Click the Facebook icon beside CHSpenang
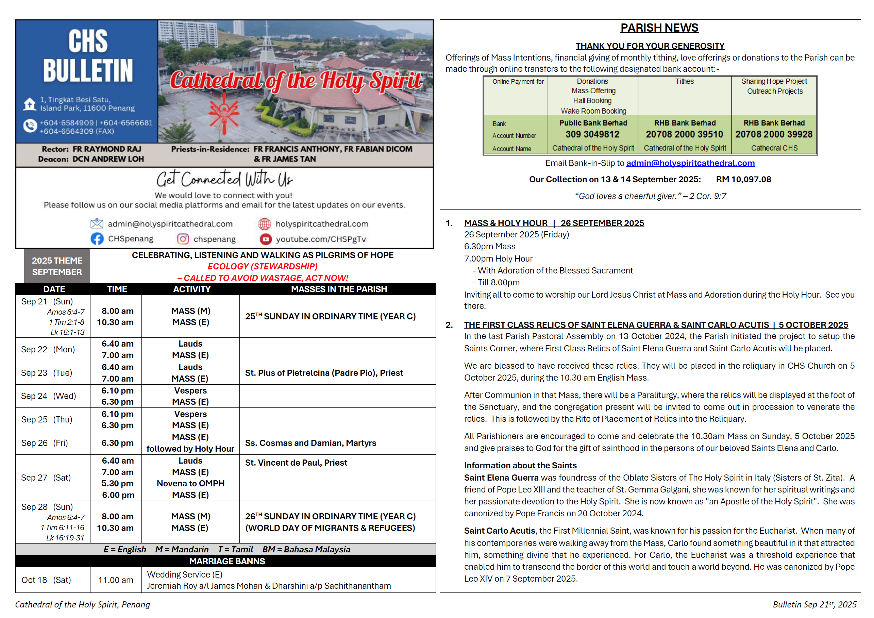coord(97,239)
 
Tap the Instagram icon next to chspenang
coord(183,239)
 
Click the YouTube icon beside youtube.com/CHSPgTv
coord(265,239)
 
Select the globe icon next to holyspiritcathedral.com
coord(265,224)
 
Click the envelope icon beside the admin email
coord(97,224)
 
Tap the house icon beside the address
coord(30,104)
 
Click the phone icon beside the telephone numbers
coord(30,126)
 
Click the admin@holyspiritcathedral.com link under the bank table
coord(690,163)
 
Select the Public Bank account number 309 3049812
coord(592,134)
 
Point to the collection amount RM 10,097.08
coord(743,180)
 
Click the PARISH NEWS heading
coord(659,28)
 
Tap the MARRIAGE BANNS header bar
coord(227,561)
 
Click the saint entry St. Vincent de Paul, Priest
coord(296,463)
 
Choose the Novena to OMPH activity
coord(190,484)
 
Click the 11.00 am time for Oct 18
coord(116,580)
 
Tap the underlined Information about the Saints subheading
coord(520,465)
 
